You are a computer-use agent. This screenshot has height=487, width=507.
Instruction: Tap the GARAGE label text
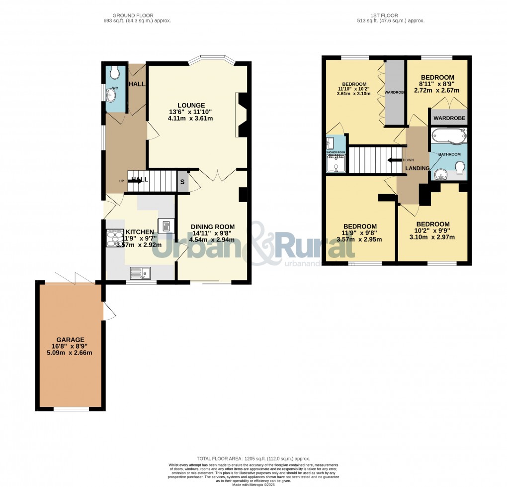click(x=70, y=340)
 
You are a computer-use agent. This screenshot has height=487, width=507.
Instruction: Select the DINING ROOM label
click(x=213, y=227)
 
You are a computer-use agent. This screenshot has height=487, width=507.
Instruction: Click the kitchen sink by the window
click(x=140, y=272)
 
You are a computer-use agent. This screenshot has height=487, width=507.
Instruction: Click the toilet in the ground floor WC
click(x=115, y=74)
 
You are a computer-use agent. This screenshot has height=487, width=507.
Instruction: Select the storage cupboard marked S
click(x=182, y=182)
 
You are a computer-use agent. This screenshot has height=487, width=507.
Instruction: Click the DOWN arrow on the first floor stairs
click(x=396, y=160)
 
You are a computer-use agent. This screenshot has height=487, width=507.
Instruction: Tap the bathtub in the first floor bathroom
click(x=448, y=135)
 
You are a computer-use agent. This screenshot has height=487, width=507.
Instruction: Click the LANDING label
click(x=417, y=168)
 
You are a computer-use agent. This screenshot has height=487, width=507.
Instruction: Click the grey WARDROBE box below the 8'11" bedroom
click(x=449, y=118)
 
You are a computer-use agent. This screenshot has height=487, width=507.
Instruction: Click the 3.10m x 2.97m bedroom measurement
click(x=432, y=237)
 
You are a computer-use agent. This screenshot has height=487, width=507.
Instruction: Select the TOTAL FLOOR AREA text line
click(x=253, y=459)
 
